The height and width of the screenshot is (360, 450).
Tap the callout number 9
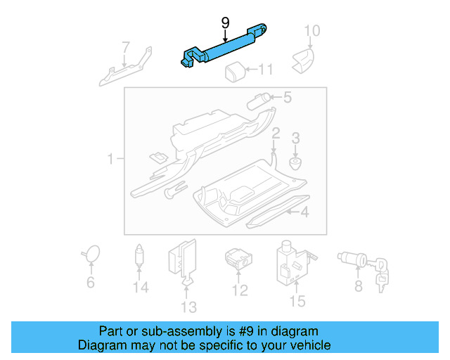225,23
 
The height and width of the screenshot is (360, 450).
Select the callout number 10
311,30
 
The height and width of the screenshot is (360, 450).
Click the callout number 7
125,48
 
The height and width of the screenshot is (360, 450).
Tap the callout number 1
110,160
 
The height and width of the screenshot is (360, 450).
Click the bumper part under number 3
296,164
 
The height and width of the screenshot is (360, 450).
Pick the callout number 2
276,134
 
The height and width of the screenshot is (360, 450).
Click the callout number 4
304,212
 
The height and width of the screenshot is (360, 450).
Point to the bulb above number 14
141,256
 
